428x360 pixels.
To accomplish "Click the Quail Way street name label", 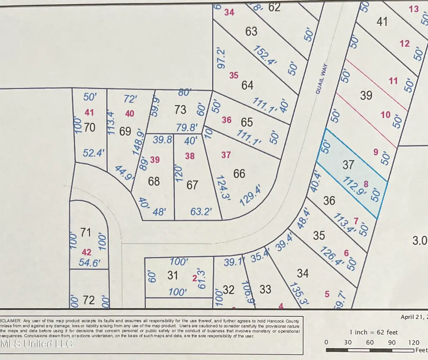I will pos(321,79).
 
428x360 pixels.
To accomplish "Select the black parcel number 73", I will pos(180,109).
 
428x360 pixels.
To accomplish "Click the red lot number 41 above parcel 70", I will pos(89,113).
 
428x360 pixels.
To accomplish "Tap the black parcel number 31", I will pos(173,275).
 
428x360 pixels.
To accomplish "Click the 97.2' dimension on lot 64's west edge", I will pos(221,59).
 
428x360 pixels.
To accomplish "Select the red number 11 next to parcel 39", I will pos(393,81).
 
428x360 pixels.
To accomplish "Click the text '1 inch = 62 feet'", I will pos(373,332).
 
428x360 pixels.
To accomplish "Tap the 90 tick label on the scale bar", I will pos(392,343).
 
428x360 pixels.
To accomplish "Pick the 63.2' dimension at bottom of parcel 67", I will pos(201,212).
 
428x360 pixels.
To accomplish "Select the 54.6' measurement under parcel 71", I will pos(89,263).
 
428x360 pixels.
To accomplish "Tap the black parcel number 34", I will pos(302,273).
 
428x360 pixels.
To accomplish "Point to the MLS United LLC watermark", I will pos(36,344).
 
